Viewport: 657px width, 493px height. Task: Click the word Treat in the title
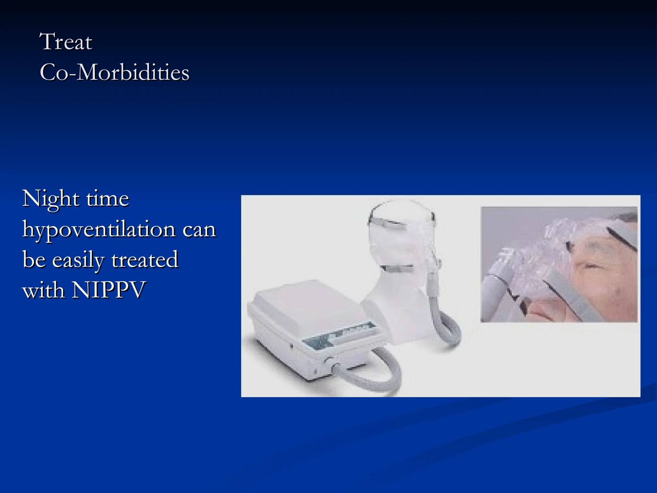click(66, 42)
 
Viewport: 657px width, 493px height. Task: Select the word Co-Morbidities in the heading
click(115, 72)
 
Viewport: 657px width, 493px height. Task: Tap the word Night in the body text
click(50, 199)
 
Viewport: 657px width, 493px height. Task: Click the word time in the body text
click(107, 199)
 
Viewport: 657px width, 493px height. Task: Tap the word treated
click(145, 259)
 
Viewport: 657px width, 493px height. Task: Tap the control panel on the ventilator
click(338, 335)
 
